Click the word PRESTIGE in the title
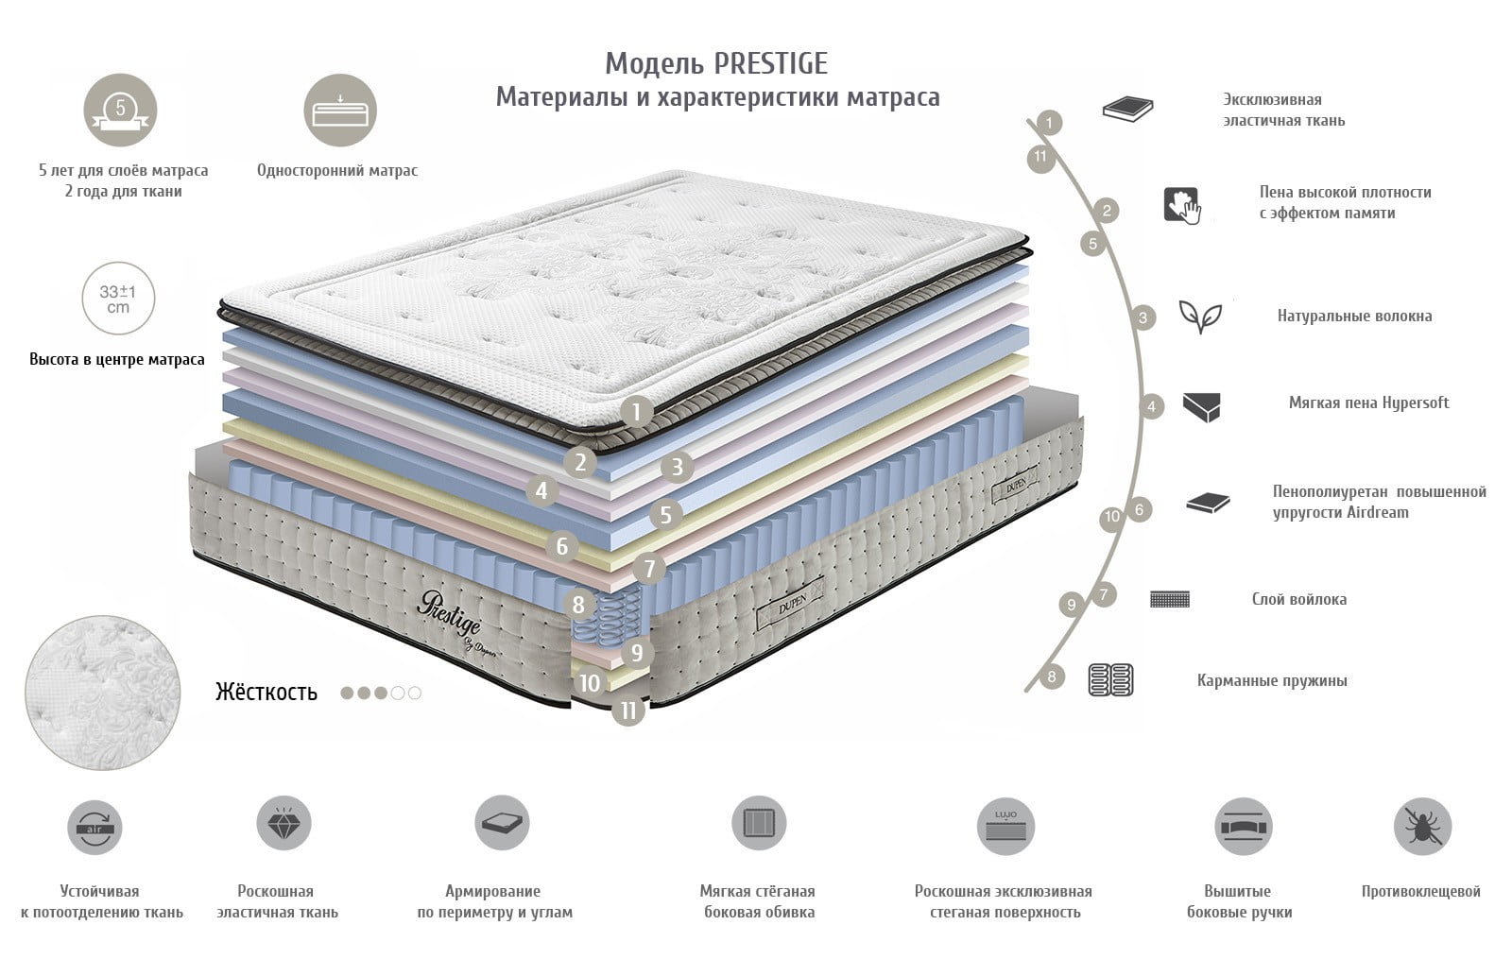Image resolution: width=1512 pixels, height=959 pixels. tap(771, 64)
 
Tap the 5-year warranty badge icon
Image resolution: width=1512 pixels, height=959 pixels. tap(120, 110)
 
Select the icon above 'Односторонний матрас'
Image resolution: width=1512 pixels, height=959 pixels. tap(340, 110)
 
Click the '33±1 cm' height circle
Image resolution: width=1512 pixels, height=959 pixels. tap(118, 299)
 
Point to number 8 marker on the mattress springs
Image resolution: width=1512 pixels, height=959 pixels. tap(577, 604)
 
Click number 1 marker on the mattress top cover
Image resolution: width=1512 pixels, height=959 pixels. tap(636, 411)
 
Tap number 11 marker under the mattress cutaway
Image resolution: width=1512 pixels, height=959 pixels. tap(628, 710)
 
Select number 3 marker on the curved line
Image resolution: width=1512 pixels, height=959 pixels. tap(1143, 317)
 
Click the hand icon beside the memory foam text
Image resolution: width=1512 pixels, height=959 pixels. tap(1182, 205)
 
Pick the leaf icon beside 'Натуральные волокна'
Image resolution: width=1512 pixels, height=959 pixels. tap(1200, 316)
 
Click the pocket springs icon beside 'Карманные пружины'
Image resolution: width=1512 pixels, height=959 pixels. tap(1110, 679)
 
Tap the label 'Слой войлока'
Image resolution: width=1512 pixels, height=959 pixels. tap(1298, 599)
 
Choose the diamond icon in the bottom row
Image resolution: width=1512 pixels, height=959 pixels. tap(283, 823)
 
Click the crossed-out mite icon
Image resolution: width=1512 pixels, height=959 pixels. tap(1422, 826)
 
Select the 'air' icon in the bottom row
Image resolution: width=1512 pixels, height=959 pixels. tap(94, 828)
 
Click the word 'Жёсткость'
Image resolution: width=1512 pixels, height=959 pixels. tap(266, 692)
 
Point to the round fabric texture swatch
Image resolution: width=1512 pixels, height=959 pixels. tap(103, 693)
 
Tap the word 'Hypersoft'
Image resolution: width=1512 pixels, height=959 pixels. tap(1416, 402)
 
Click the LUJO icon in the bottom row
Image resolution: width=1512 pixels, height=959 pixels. tap(1005, 826)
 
